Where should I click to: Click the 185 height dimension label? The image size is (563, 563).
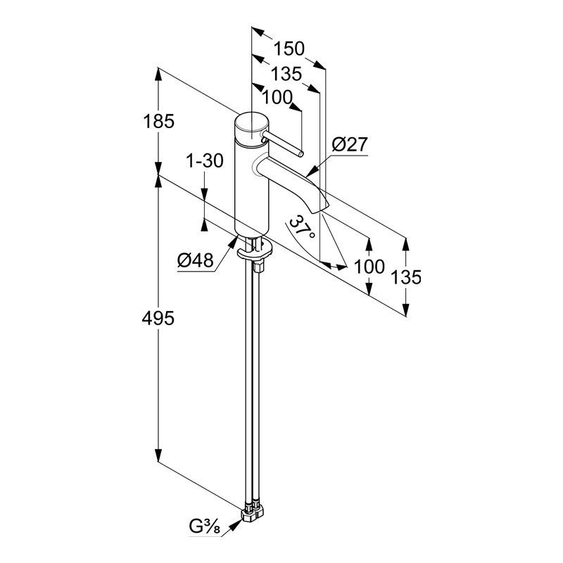(158, 121)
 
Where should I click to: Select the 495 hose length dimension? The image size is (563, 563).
(158, 318)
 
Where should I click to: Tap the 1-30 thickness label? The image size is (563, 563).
(204, 161)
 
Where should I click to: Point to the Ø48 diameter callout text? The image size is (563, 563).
(195, 261)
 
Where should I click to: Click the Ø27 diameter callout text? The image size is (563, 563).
(349, 145)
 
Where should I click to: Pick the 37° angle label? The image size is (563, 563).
(301, 228)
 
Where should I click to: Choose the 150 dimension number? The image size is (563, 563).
(289, 49)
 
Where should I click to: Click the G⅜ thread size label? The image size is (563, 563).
(203, 526)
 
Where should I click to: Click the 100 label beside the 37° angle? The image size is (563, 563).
(369, 267)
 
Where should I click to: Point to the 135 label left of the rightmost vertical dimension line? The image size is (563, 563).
(405, 277)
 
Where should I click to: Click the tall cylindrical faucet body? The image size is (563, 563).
(252, 190)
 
